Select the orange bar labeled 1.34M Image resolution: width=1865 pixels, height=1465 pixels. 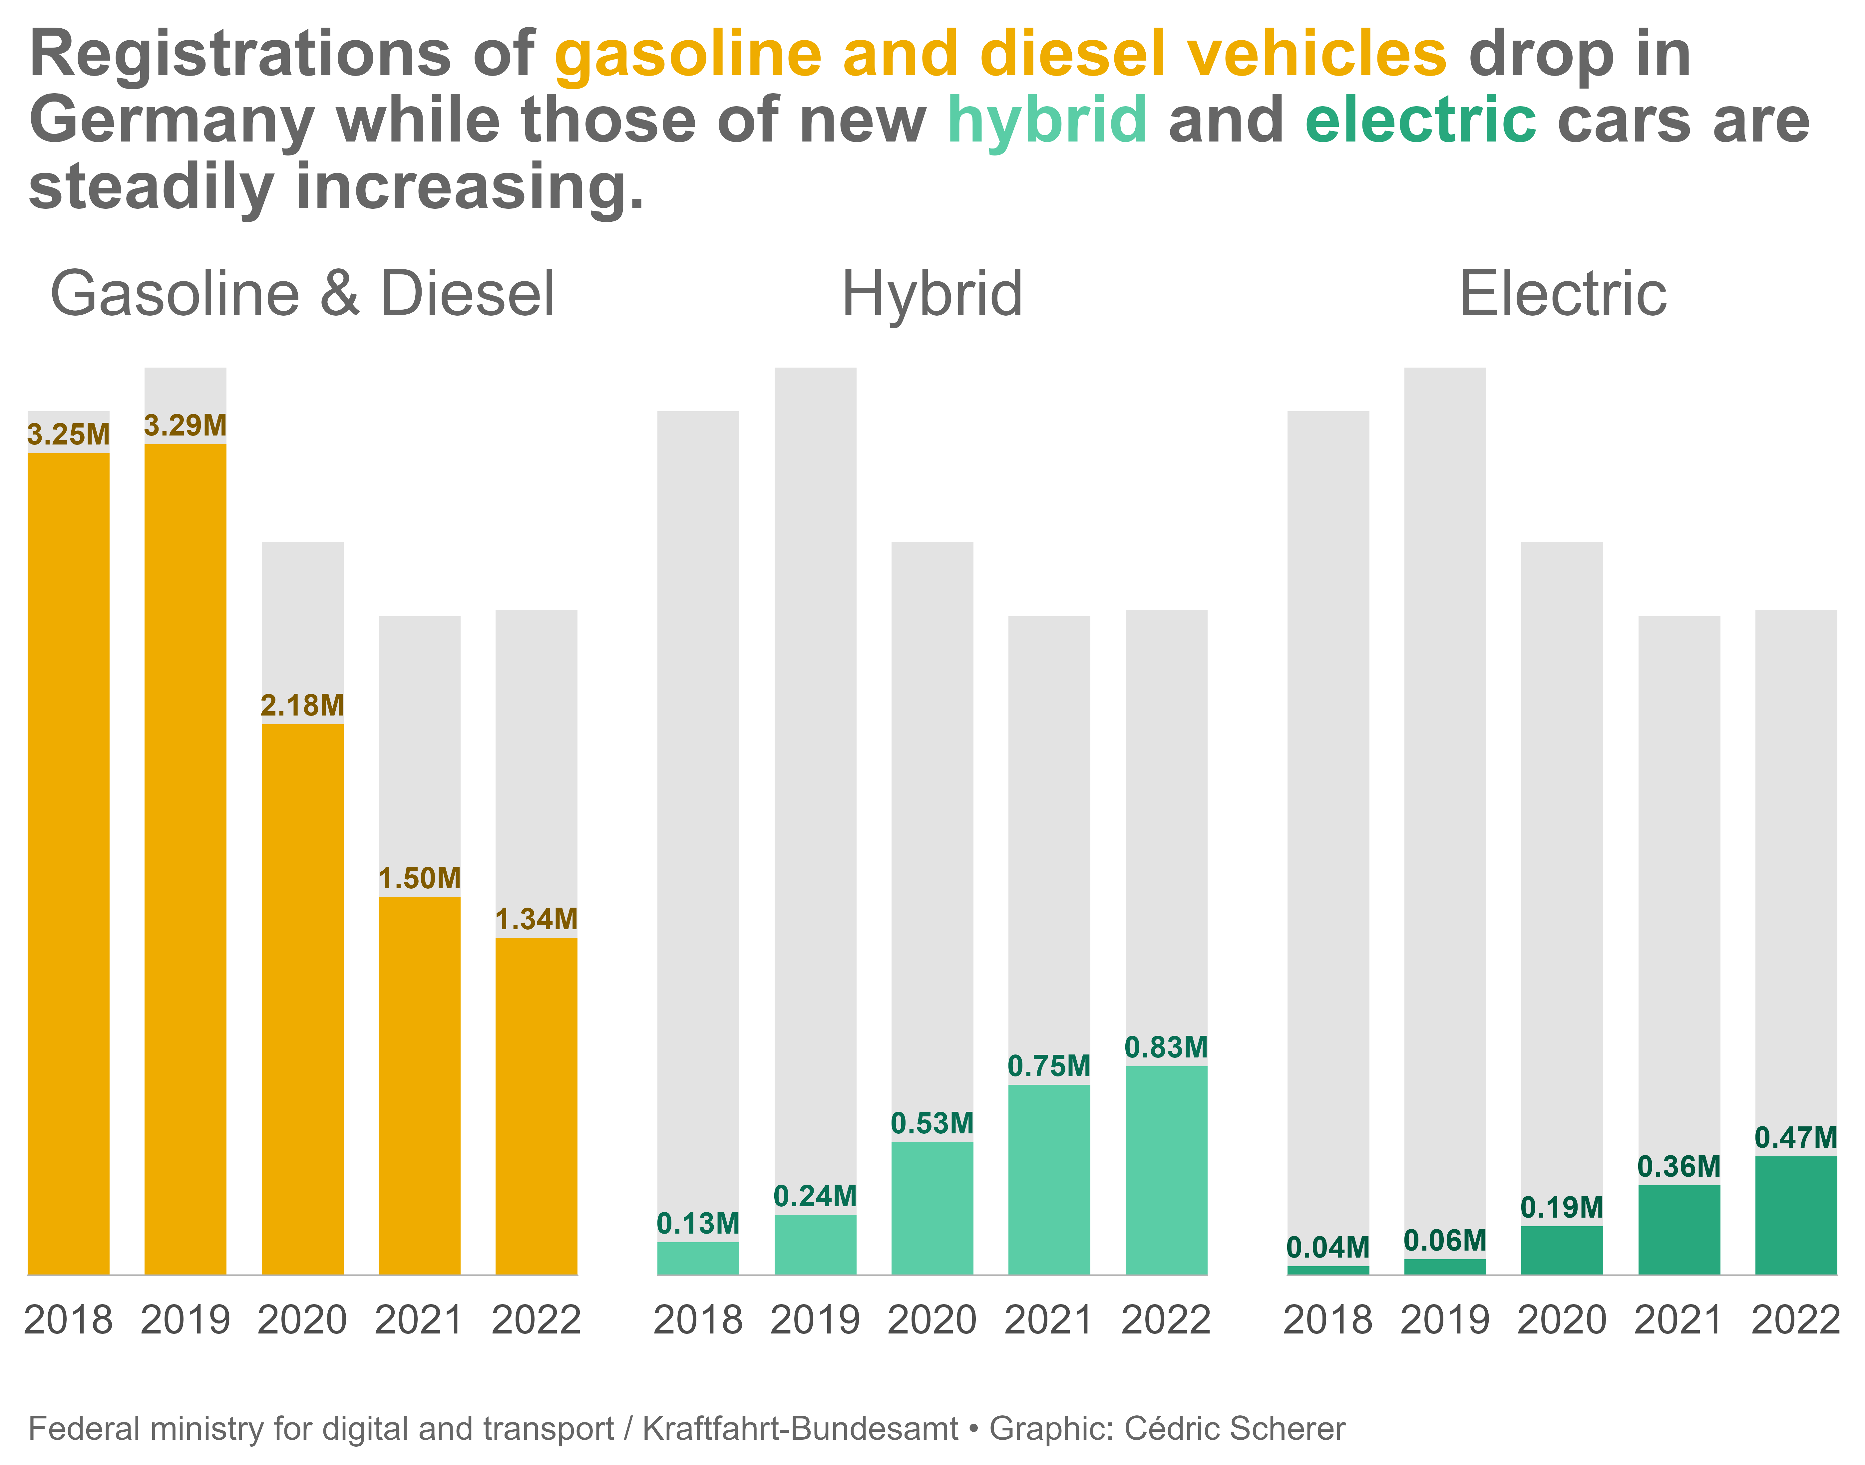[x=536, y=1106]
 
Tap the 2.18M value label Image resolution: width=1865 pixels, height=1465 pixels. [x=302, y=706]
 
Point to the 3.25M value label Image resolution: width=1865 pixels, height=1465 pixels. [x=69, y=435]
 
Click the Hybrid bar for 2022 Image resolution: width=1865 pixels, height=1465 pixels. [x=1166, y=1171]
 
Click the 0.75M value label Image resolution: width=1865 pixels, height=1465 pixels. [x=1048, y=1066]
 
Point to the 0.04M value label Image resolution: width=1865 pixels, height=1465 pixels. [x=1328, y=1248]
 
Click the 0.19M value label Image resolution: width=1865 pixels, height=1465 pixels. [x=1561, y=1208]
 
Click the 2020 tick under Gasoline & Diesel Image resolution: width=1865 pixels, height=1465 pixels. [x=302, y=1320]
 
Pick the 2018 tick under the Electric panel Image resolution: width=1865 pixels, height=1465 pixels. [x=1328, y=1320]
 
